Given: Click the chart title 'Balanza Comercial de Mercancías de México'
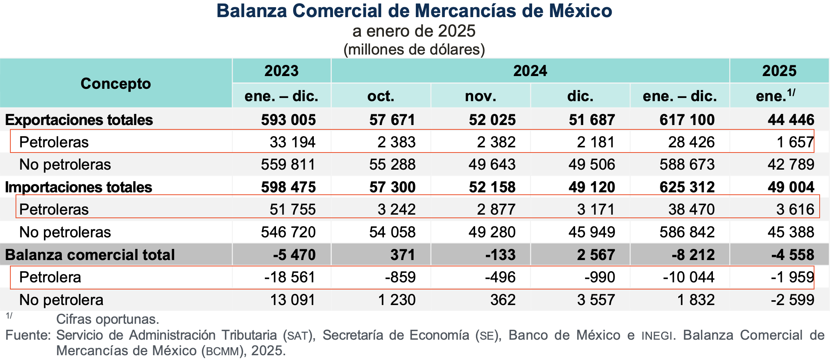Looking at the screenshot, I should coord(414,11).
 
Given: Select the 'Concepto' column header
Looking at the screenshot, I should coord(115,84).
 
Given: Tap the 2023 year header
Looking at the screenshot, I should coord(281,71).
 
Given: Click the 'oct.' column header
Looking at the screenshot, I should coord(381,96).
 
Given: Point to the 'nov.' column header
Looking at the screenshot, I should coord(480,96).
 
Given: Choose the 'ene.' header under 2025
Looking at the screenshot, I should coord(775,96).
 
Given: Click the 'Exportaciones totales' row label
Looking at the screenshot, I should coord(79,120).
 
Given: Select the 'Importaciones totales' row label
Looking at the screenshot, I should coord(78,187).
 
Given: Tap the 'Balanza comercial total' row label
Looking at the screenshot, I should coord(90,255).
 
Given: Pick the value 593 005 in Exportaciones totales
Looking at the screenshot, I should coord(288,120).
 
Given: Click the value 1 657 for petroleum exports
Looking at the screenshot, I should coord(795,142).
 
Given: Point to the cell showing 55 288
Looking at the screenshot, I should coord(392,164).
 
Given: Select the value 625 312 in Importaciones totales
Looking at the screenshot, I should coord(687,187).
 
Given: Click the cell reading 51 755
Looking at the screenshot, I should coord(292,209).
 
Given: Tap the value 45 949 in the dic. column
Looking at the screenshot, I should coord(591,232).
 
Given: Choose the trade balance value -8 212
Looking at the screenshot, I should coord(693,255).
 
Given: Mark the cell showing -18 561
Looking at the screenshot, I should coord(290,277).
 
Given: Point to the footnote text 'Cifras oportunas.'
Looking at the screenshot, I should coord(108,319).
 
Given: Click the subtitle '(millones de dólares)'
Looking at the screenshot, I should coord(414,50).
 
